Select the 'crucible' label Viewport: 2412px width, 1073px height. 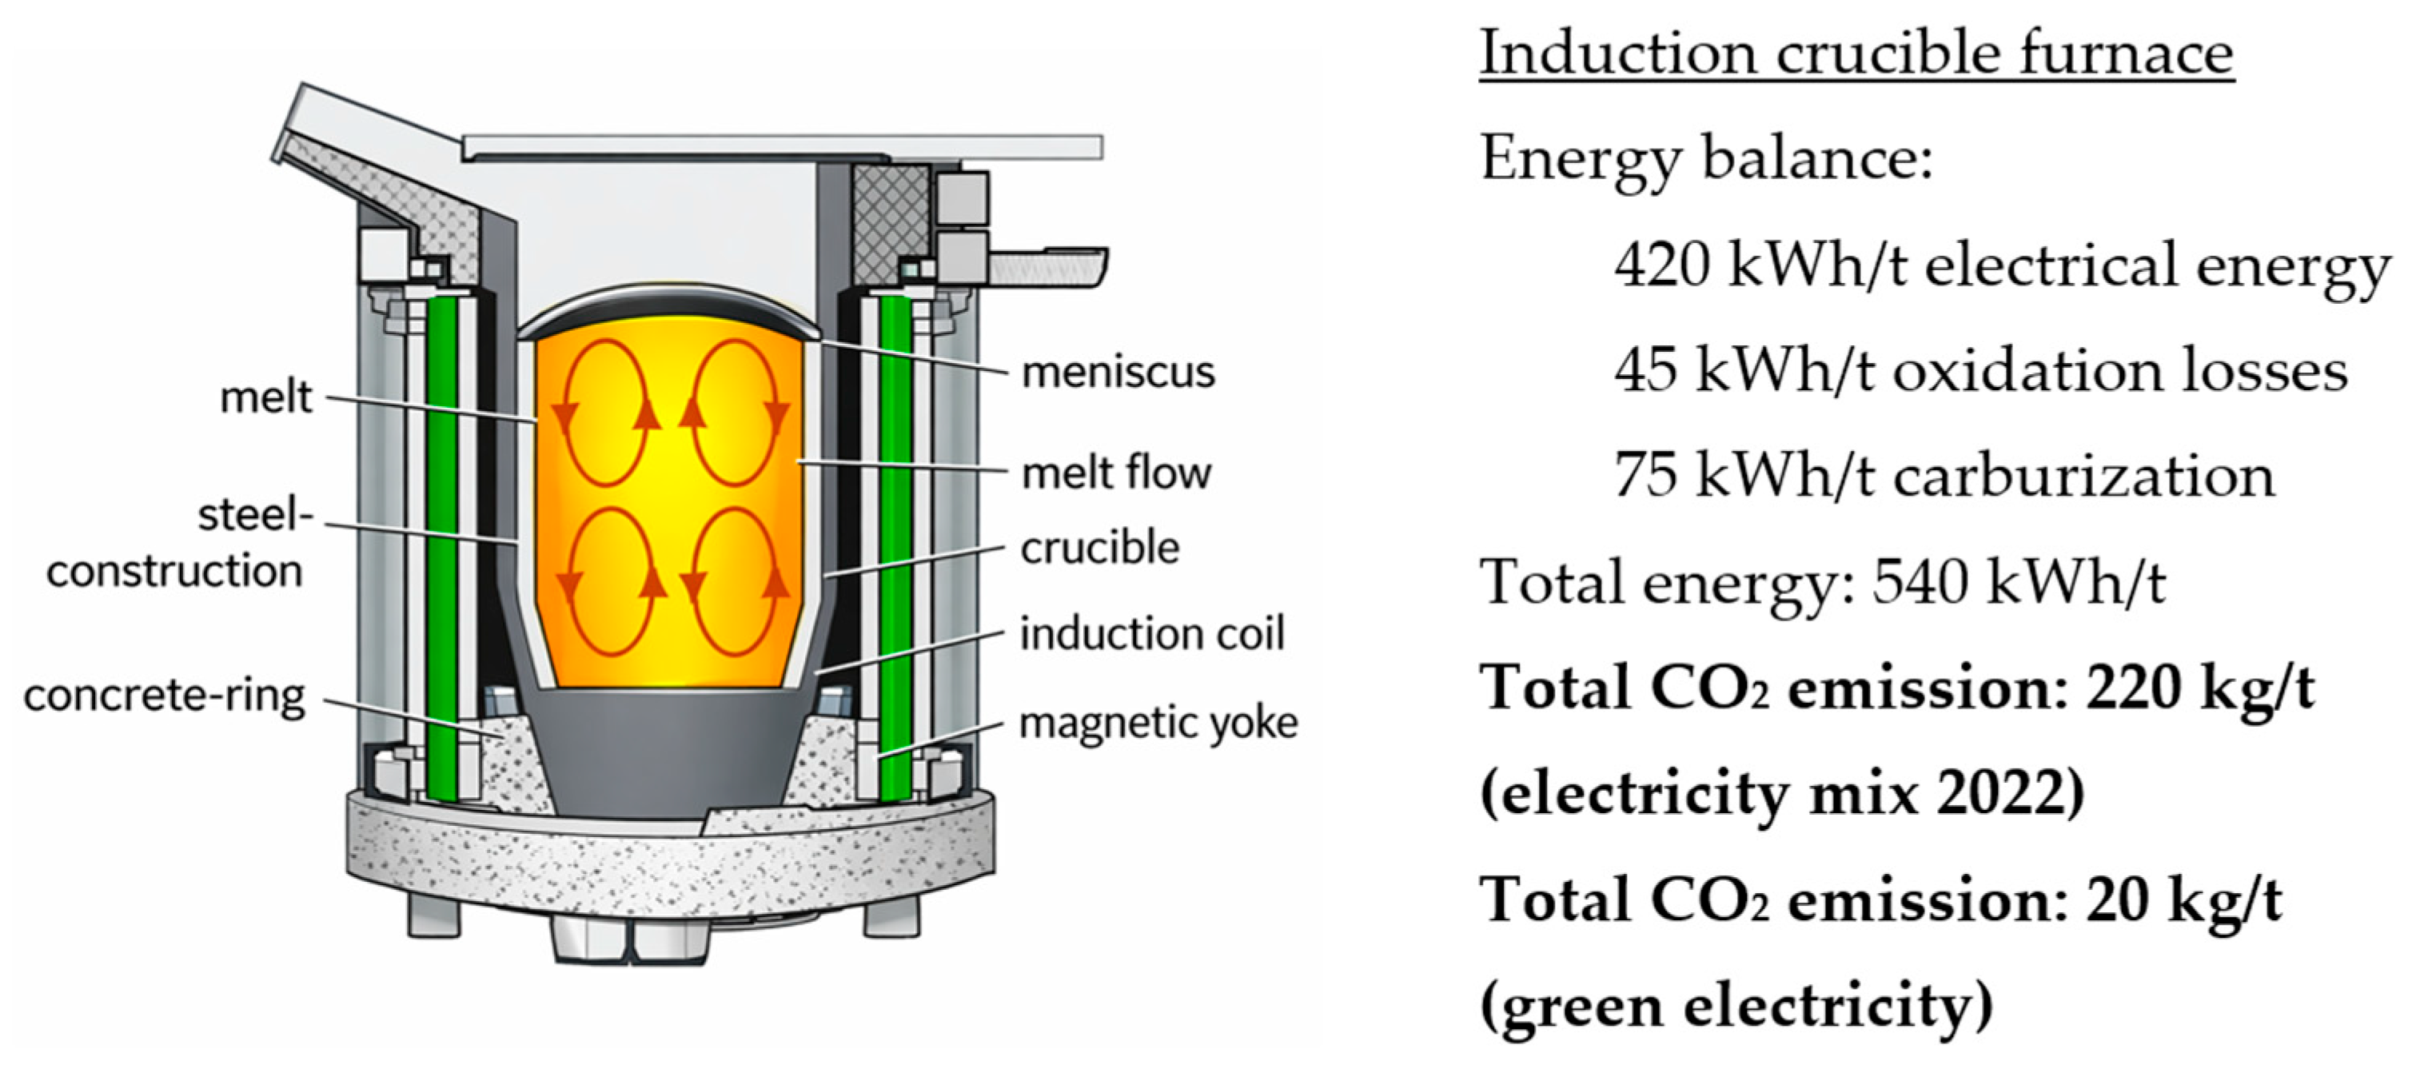[1099, 548]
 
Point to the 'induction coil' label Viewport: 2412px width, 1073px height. [1152, 634]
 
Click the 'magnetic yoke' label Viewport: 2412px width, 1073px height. [1158, 723]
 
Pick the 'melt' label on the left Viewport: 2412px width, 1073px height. [265, 397]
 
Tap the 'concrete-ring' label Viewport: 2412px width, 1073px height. [165, 696]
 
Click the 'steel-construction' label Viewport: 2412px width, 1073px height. [176, 543]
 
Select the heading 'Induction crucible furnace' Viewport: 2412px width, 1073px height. [1856, 54]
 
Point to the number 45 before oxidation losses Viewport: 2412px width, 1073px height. [1645, 371]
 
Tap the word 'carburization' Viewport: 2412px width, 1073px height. [2084, 477]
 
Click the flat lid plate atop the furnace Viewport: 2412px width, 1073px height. [782, 146]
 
